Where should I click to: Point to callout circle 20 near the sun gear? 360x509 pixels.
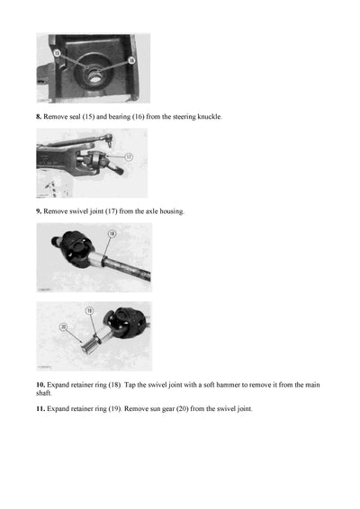pos(64,326)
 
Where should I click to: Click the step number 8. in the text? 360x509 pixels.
pos(39,118)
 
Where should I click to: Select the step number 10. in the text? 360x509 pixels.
pos(40,384)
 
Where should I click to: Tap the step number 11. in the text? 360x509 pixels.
pos(40,409)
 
